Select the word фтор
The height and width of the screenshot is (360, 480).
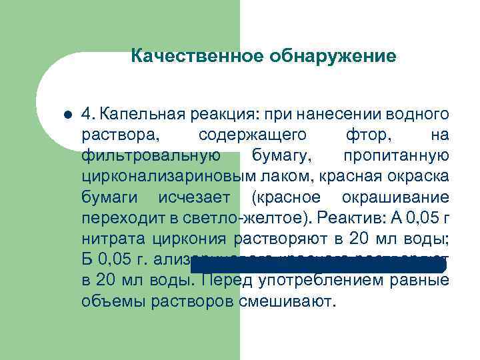[x=367, y=135]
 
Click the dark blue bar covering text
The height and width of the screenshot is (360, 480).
[x=318, y=265]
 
